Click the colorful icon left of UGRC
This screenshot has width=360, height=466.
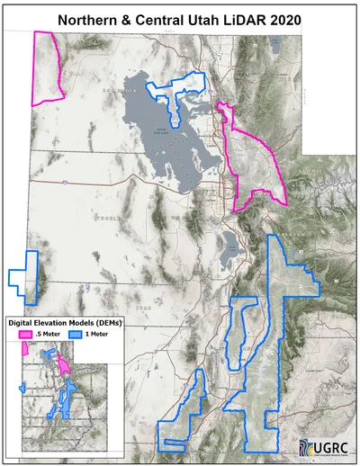(307, 447)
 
